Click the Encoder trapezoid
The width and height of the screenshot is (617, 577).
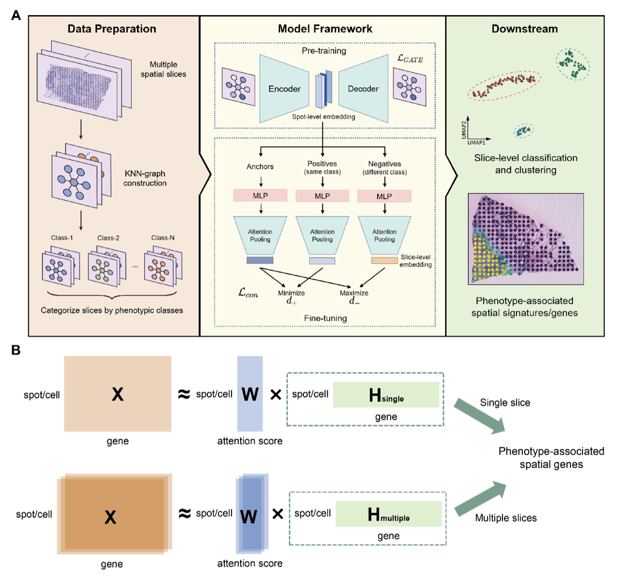[x=284, y=88]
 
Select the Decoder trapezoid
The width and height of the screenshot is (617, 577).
[x=363, y=88]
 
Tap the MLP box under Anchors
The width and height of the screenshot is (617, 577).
[x=260, y=196]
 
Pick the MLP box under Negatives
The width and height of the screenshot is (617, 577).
[x=384, y=196]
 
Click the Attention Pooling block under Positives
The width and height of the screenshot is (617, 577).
[x=322, y=236]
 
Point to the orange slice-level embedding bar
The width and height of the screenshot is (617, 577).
[x=384, y=260]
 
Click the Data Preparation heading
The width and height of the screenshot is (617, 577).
[x=112, y=29]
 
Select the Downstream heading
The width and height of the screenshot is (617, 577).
[x=524, y=29]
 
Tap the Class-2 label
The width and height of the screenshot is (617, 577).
[x=108, y=238]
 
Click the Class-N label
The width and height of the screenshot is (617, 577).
[x=163, y=238]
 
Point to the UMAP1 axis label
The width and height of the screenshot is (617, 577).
[x=476, y=143]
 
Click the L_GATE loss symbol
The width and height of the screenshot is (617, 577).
[x=410, y=58]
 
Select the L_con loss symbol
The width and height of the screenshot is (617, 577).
[x=248, y=293]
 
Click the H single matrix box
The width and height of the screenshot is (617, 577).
[x=386, y=394]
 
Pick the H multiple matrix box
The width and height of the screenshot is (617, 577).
[x=388, y=513]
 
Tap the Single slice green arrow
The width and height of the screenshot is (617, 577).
[x=479, y=417]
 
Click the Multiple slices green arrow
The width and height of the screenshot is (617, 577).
[x=480, y=498]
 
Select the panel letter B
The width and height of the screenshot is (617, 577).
[x=16, y=350]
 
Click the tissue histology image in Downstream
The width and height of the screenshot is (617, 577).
[x=526, y=239]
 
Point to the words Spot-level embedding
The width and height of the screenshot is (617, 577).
[x=323, y=117]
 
